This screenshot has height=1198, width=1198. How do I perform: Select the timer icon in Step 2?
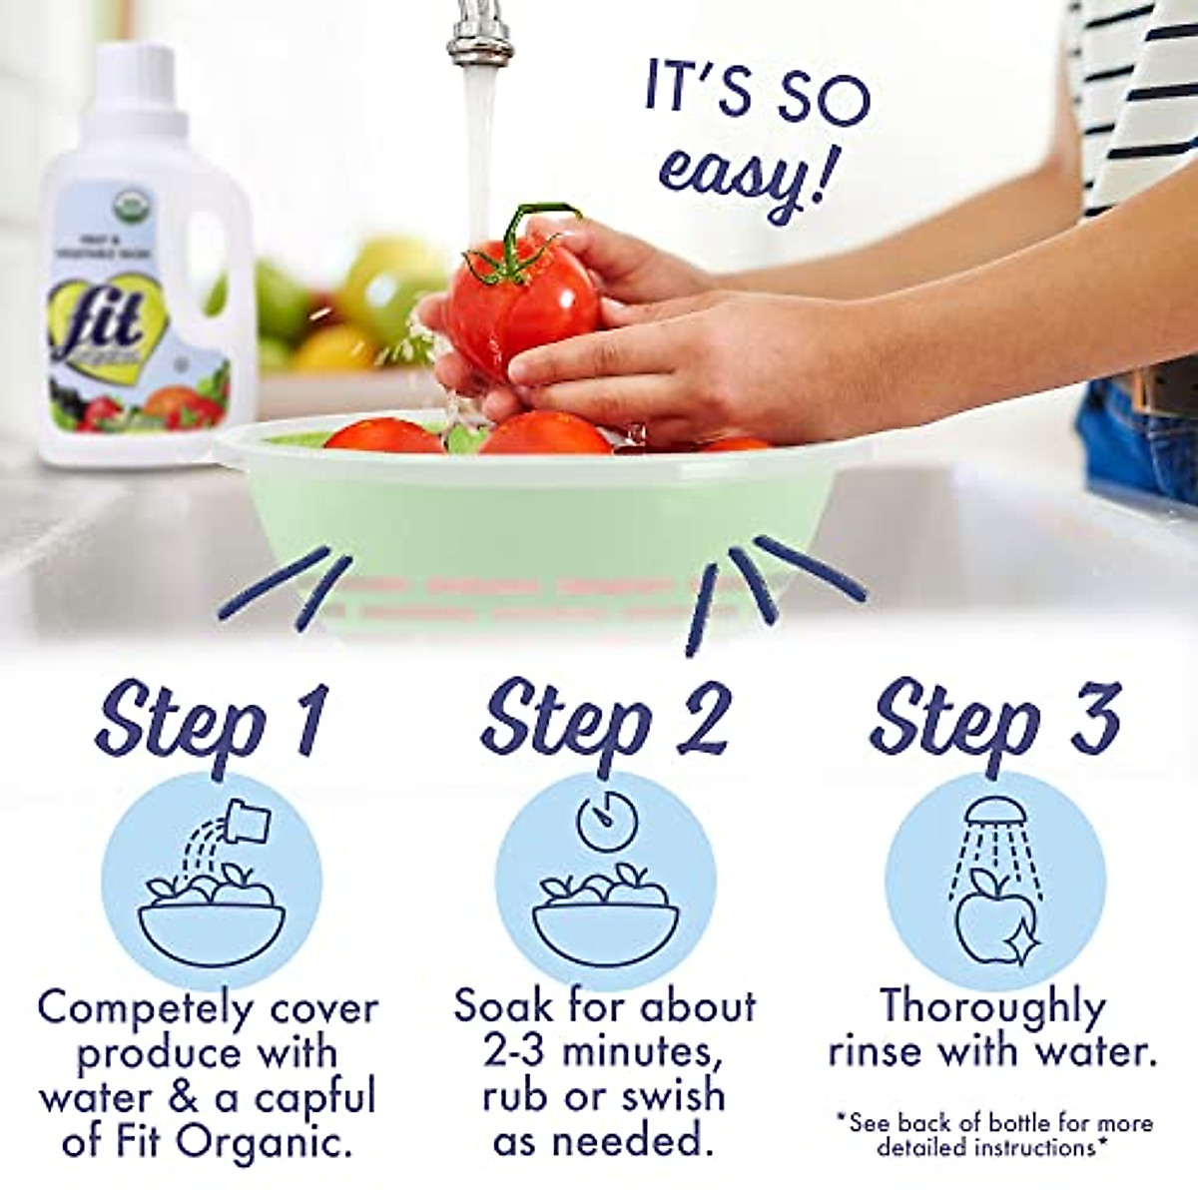605,821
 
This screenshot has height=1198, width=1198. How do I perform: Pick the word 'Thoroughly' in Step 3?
993,1006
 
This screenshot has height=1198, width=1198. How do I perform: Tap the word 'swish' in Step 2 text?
673,1095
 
